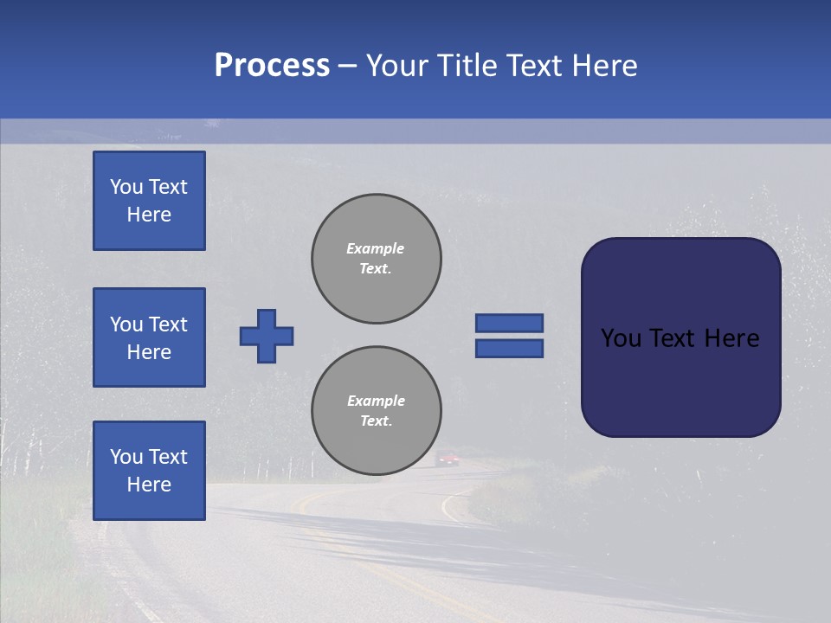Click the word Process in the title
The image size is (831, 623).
point(272,66)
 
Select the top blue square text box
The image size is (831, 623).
point(149,201)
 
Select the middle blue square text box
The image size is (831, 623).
point(149,337)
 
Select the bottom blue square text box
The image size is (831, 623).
point(149,471)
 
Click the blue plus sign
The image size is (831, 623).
point(267,336)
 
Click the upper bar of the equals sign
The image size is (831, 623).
point(509,323)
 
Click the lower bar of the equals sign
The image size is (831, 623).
point(509,349)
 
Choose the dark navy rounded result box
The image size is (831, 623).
point(680,381)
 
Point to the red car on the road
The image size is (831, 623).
point(448,459)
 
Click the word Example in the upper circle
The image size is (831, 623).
point(375,248)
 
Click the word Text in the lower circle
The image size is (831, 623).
point(375,421)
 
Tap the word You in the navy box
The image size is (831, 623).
point(621,338)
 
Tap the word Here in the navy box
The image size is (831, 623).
point(731,338)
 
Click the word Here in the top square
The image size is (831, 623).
point(149,215)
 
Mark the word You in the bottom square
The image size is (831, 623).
point(126,457)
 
